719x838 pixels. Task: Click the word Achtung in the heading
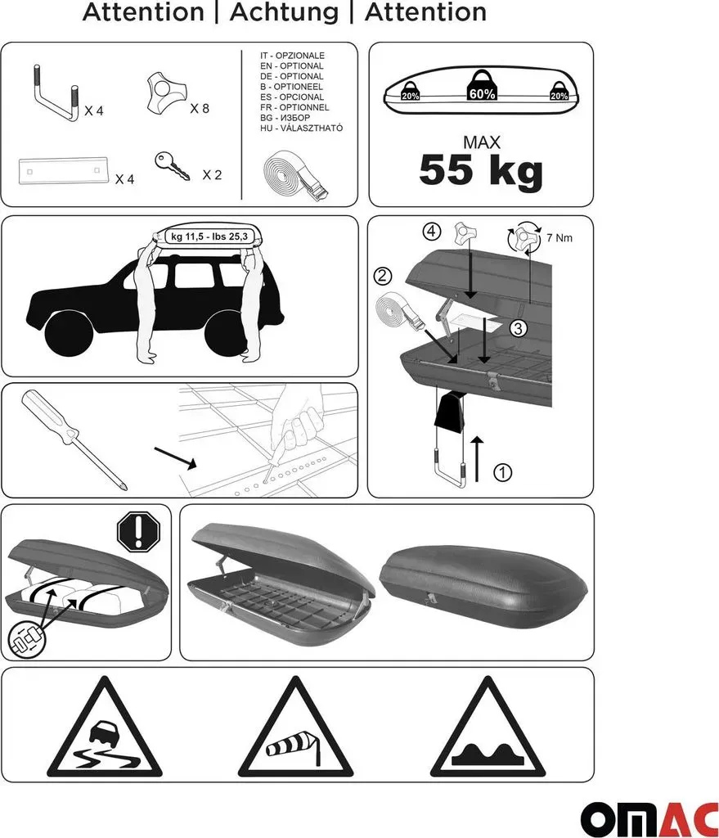pos(284,11)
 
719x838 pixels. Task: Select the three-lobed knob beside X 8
pos(167,94)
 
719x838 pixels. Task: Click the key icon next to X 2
pos(172,165)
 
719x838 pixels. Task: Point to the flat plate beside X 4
pos(63,170)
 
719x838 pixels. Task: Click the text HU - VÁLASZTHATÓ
pos(301,128)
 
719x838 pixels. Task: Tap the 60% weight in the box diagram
pos(483,86)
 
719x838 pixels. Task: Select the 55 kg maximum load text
pos(481,170)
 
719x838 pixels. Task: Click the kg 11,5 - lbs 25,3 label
pos(209,237)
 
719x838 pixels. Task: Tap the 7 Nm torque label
pos(559,238)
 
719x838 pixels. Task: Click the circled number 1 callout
pos(502,472)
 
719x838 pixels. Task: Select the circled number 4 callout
pos(432,232)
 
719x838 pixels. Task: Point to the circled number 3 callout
pos(518,327)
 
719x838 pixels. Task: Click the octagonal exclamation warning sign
pos(138,532)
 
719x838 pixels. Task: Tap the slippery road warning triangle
pos(105,729)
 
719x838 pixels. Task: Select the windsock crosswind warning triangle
pos(294,729)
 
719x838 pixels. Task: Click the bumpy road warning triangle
pos(488,729)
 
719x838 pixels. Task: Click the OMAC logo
pos(649,818)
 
